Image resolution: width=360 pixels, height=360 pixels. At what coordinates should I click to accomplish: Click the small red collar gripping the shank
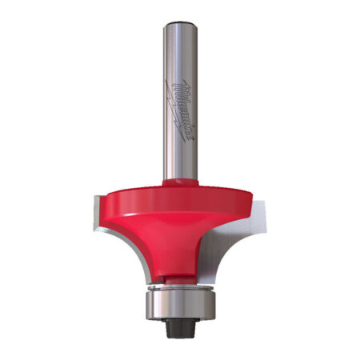click(x=180, y=183)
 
